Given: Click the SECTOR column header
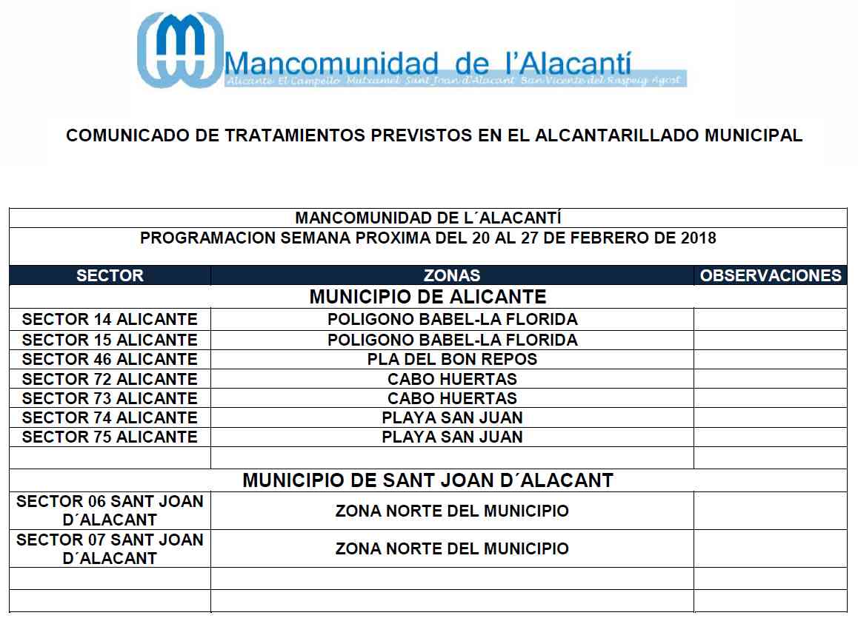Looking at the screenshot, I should tap(110, 276).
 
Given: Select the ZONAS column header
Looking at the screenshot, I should tap(452, 276).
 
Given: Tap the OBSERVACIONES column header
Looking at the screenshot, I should tap(771, 276).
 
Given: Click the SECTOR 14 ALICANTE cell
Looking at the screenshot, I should tap(110, 320).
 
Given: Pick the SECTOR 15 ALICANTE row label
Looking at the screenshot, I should tap(110, 340).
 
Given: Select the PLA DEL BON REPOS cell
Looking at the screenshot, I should tap(452, 359).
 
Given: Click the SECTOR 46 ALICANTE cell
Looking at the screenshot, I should tap(110, 359).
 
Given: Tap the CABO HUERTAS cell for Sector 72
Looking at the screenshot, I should tap(452, 379).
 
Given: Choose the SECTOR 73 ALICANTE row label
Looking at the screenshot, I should tap(110, 398).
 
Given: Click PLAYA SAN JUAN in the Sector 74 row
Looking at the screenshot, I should tap(452, 417).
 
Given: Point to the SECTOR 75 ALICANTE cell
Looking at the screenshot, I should tap(110, 437).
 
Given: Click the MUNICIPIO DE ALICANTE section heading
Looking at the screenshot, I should tap(428, 298).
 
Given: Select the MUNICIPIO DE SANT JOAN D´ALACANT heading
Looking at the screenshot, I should tap(428, 480).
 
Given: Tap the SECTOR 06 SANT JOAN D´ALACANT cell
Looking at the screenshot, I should tap(110, 510).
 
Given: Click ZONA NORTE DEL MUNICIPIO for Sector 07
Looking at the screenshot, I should tap(452, 549).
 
